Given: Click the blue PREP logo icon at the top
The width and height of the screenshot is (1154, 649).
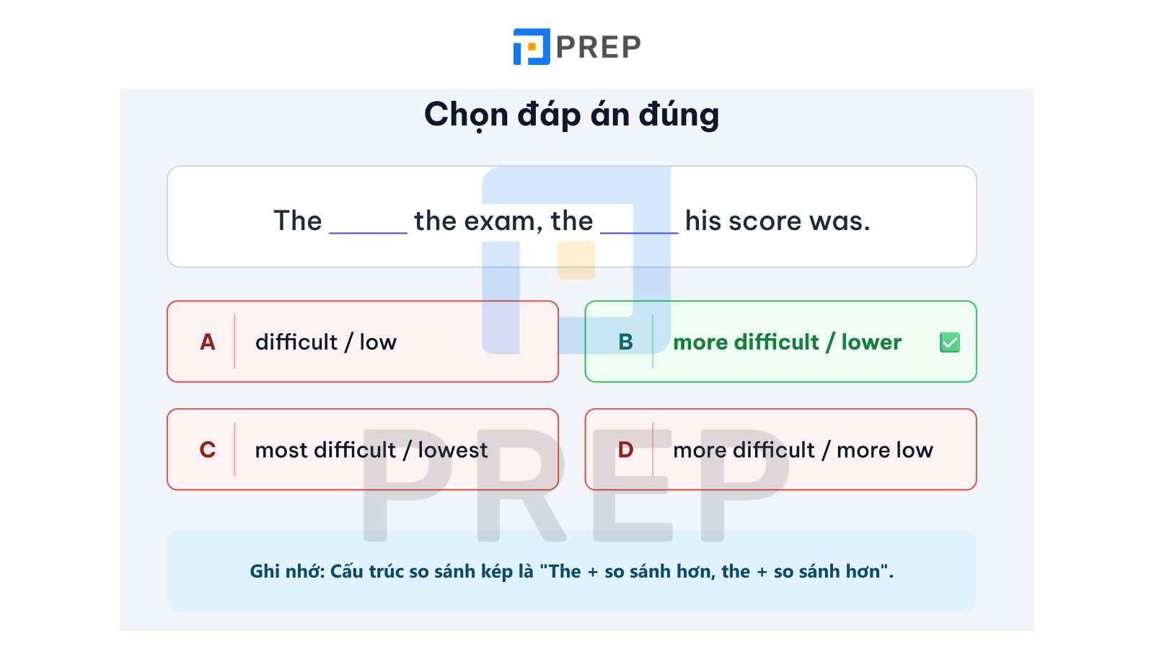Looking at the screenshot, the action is (532, 46).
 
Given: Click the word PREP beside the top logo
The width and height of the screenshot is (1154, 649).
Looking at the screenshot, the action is (599, 47).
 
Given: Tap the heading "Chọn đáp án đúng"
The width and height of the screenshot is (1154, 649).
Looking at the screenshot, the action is (571, 115).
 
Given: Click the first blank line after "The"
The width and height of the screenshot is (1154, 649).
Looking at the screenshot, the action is (368, 233).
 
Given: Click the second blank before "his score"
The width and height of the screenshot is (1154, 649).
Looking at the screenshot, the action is (639, 233).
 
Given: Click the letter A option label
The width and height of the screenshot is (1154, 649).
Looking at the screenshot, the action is (207, 342).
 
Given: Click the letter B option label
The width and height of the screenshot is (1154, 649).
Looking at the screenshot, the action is (625, 342).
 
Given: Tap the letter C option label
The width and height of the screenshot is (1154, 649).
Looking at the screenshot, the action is (207, 450).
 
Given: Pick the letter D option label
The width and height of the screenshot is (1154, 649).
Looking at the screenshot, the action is (625, 450).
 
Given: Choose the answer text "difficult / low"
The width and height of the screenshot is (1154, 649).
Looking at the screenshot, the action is (326, 342).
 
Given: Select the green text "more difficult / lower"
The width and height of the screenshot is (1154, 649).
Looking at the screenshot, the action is (787, 342).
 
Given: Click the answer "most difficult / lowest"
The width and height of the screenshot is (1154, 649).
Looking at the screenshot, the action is (371, 450).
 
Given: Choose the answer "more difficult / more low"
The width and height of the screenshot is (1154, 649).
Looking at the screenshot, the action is (803, 450).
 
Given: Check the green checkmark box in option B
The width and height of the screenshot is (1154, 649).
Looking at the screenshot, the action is (949, 343).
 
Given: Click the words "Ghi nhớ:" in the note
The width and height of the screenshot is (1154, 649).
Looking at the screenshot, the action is (288, 571).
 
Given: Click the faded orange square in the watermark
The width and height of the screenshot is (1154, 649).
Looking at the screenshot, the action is (576, 260).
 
